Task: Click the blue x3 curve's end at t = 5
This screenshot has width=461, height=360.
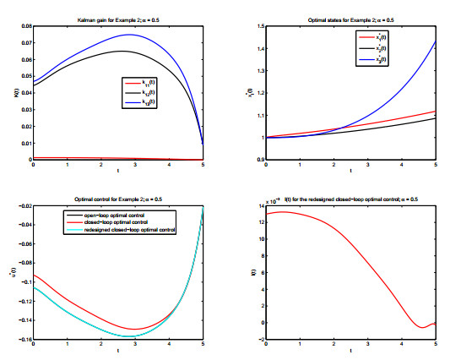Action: pos(436,41)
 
